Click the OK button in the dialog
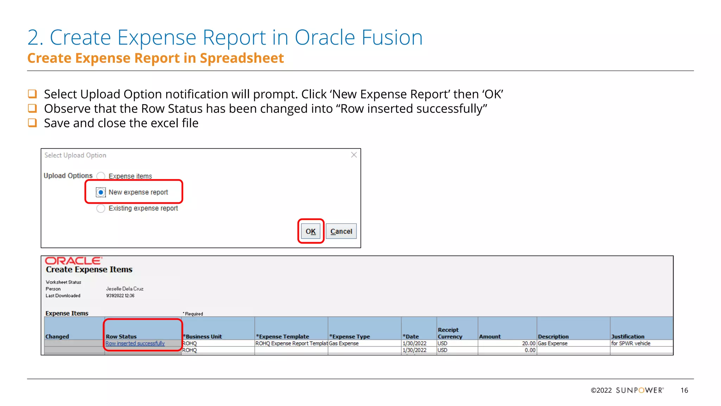(x=311, y=231)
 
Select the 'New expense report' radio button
(x=101, y=192)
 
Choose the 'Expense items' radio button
(x=101, y=176)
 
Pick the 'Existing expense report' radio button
(x=101, y=208)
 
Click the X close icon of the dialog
(x=354, y=155)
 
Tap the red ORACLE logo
(x=73, y=261)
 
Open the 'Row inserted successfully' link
(x=135, y=343)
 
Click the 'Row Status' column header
(x=121, y=336)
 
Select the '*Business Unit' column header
(x=203, y=336)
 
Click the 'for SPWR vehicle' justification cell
(x=631, y=343)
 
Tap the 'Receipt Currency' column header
(x=450, y=333)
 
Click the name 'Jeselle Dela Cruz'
(x=125, y=289)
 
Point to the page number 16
(x=684, y=390)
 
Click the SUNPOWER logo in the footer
(x=639, y=390)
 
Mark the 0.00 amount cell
(x=529, y=350)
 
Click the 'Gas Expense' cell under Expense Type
(x=344, y=343)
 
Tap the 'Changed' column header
(x=57, y=336)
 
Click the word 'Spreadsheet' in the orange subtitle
(x=242, y=58)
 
